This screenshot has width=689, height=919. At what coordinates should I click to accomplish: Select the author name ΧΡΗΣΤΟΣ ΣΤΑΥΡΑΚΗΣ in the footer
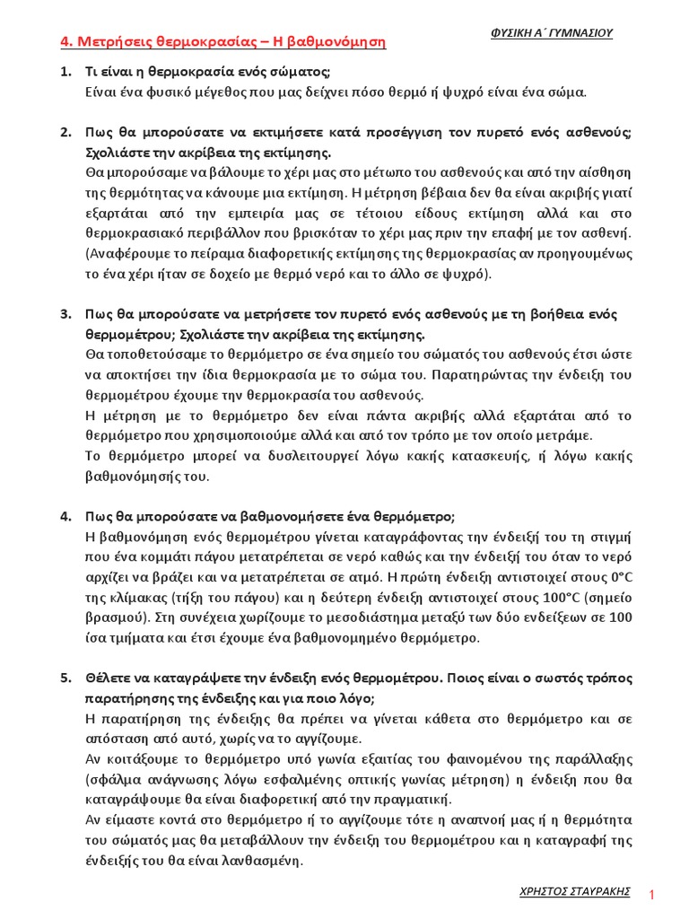pos(574,891)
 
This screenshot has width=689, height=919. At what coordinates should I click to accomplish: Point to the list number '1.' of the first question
pos(65,71)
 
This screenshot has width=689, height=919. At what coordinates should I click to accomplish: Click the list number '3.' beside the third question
pos(65,314)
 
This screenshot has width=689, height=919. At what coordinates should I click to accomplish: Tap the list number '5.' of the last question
pos(65,678)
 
